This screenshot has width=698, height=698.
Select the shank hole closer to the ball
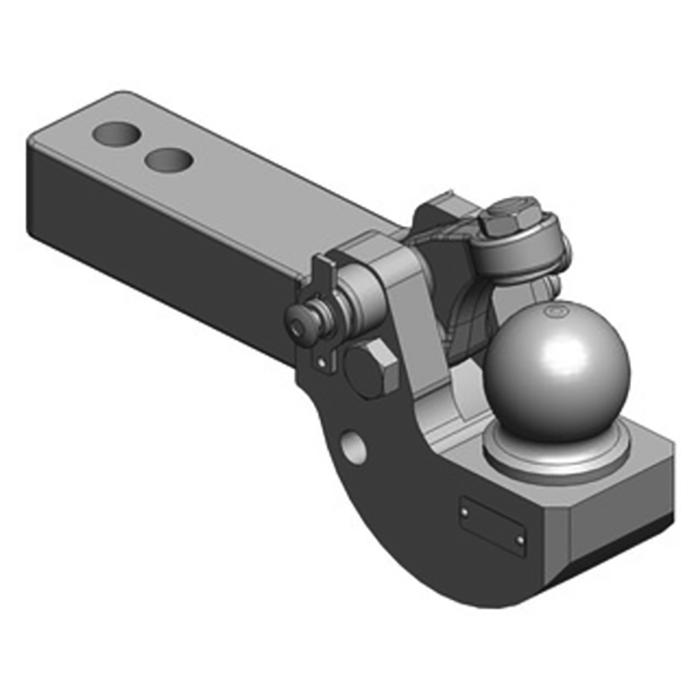(169, 160)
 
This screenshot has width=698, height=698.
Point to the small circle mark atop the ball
(550, 311)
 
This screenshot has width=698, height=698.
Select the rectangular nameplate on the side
(493, 526)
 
